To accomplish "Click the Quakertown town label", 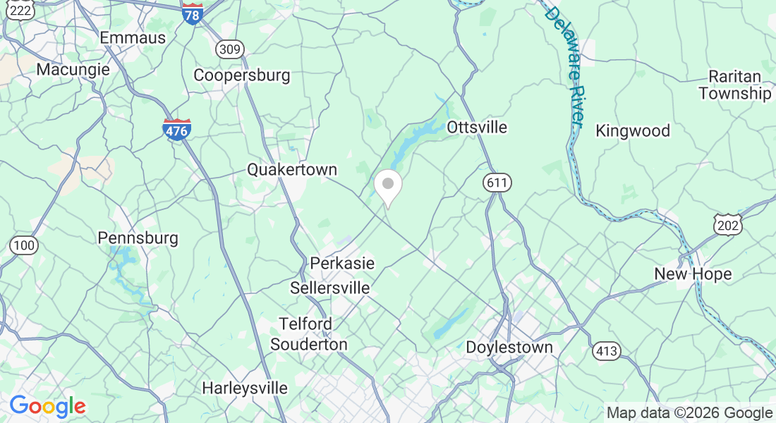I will (291, 170).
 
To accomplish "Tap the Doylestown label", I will (509, 348).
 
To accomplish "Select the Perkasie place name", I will (342, 263).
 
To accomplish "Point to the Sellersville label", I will (330, 288).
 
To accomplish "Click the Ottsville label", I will (477, 128).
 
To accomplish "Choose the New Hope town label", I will (693, 274).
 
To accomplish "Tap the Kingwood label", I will (633, 130).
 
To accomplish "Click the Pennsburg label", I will (138, 238).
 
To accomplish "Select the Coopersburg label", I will (242, 75).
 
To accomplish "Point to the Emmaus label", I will (133, 37).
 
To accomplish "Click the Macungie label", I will (73, 70).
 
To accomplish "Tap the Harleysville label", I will (245, 388).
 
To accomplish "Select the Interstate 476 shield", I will (176, 130).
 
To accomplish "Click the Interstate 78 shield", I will (192, 14).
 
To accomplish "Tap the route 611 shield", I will (497, 183).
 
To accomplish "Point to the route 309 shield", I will (230, 49).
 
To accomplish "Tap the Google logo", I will (47, 406).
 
